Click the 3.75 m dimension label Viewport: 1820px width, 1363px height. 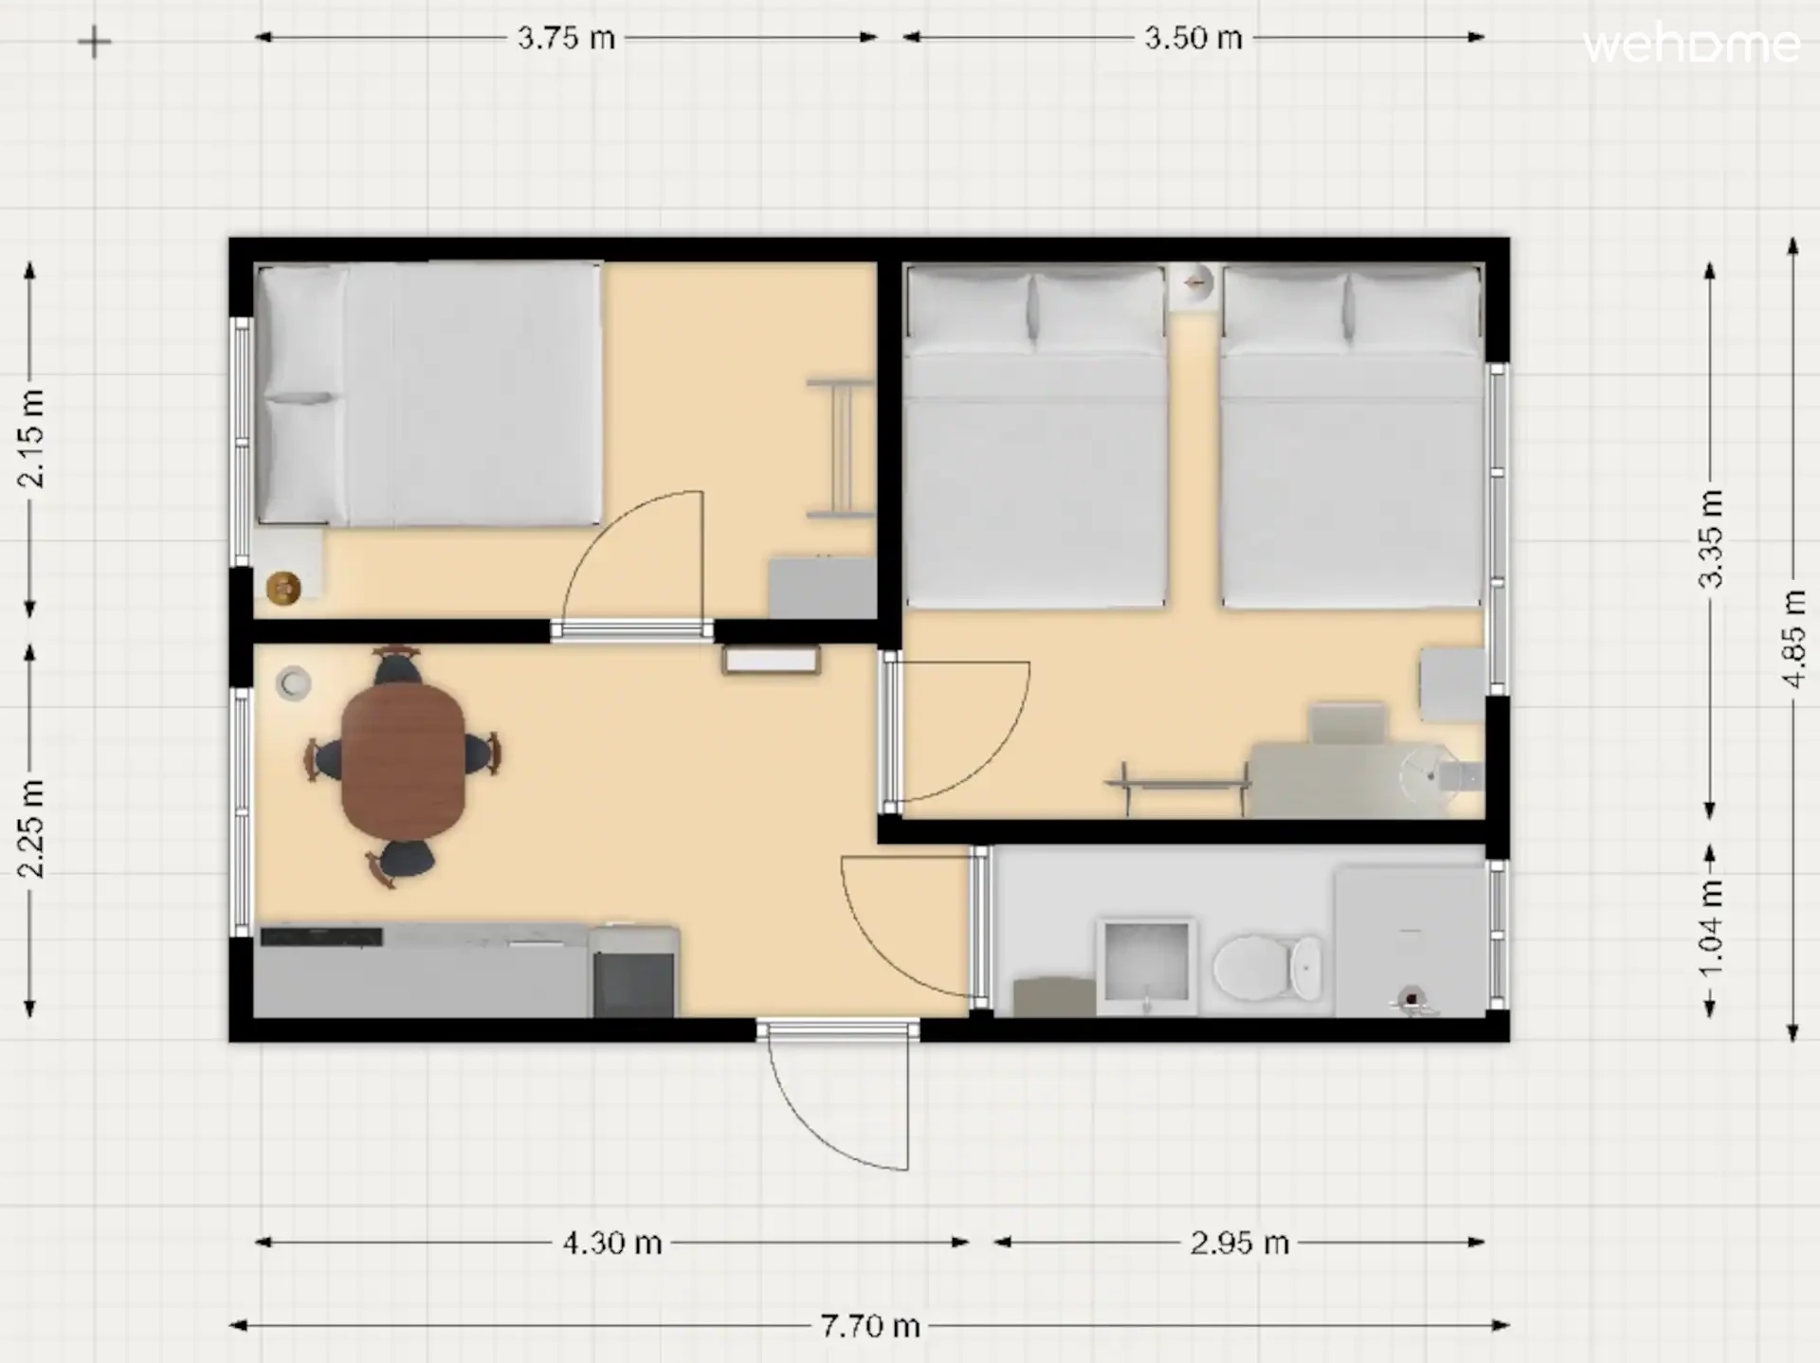[x=566, y=38]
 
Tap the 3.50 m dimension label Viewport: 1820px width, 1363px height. [x=1192, y=38]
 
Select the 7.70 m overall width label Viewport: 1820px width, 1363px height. [x=870, y=1325]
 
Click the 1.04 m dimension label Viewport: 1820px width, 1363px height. [x=1710, y=929]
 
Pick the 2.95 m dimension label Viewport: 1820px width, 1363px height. [x=1240, y=1243]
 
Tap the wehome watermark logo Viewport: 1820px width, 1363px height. [x=1691, y=45]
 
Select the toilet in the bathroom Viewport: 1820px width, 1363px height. [x=1267, y=968]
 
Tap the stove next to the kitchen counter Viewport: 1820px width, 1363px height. [x=634, y=972]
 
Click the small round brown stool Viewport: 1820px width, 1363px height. [x=283, y=589]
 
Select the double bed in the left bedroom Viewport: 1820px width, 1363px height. [x=429, y=393]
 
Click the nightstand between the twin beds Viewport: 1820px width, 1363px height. [x=1193, y=285]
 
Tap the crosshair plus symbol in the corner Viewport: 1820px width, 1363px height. [x=94, y=42]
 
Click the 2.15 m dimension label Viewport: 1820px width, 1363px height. [x=30, y=438]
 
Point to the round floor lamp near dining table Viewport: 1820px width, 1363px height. [x=294, y=683]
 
